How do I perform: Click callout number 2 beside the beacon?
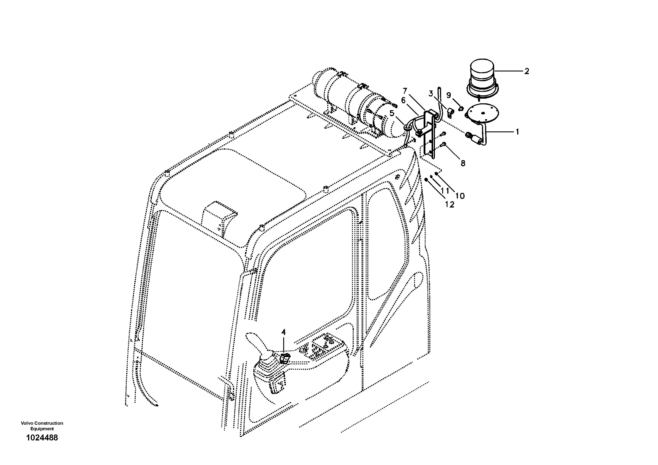526,71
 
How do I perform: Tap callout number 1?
517,132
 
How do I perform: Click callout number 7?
405,91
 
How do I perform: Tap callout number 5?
392,113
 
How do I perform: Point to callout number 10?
460,196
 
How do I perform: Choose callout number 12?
450,204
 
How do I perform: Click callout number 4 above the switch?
283,332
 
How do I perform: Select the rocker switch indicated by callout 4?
285,358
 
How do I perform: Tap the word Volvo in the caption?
26,423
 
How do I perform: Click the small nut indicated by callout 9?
461,108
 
